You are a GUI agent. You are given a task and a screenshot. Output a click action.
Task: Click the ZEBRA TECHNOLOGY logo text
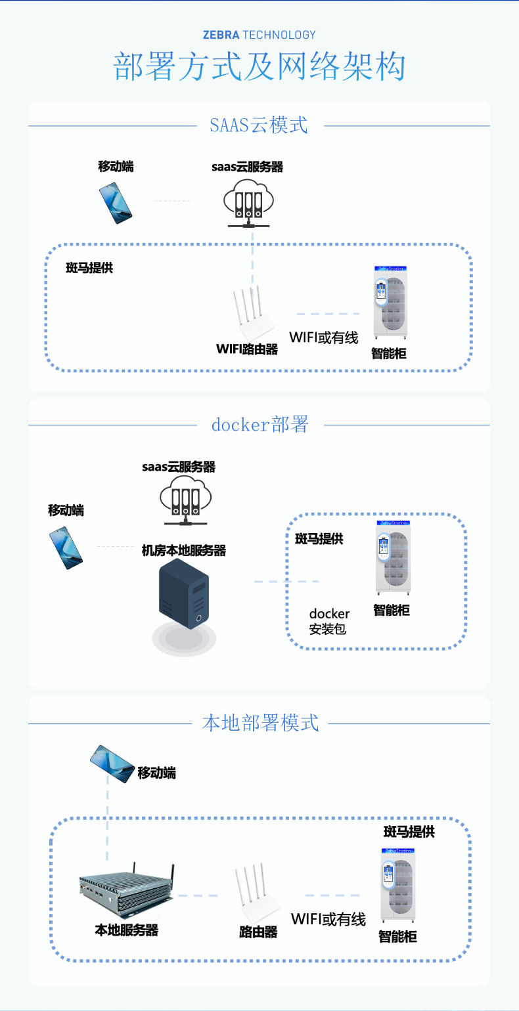point(259,35)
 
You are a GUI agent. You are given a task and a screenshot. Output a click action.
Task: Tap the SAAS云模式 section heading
point(259,125)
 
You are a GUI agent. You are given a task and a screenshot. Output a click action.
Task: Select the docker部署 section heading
point(259,424)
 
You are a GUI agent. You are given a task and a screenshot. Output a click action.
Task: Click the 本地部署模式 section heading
point(260,723)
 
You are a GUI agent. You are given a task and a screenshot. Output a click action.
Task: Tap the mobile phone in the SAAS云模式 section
point(116,203)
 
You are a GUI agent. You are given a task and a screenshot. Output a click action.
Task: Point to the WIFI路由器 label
point(246,349)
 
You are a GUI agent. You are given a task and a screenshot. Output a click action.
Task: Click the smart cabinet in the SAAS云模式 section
point(391,302)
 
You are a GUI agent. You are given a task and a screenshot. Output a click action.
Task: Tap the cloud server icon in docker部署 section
point(185,500)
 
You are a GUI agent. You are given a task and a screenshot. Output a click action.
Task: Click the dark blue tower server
point(184,593)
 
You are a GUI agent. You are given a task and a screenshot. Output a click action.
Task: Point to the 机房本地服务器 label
point(184,551)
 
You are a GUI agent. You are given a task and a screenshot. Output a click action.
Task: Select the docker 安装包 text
point(329,621)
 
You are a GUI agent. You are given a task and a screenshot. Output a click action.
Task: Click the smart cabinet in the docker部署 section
point(394,557)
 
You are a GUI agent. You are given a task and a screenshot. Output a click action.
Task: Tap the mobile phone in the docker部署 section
point(66,548)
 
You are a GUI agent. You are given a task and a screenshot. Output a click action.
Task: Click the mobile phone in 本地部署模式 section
point(112,764)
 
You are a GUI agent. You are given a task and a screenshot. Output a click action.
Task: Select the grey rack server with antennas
point(127,888)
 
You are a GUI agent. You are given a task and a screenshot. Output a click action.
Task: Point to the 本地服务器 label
point(127,930)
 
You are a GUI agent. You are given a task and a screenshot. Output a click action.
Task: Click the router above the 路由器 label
point(257,892)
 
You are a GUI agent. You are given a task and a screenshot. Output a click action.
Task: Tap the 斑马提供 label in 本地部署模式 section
point(409,831)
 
